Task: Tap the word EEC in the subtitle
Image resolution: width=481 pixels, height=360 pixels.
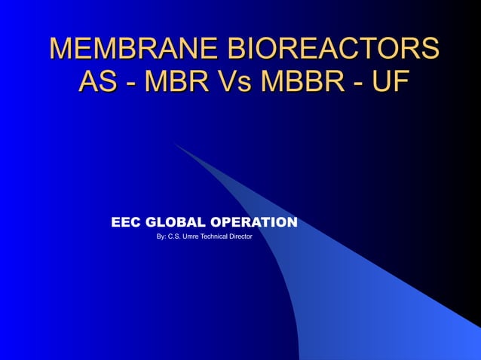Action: coord(126,223)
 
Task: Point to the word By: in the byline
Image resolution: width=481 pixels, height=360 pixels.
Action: coord(161,237)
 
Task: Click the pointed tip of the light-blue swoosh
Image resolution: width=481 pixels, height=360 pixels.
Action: coord(175,143)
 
